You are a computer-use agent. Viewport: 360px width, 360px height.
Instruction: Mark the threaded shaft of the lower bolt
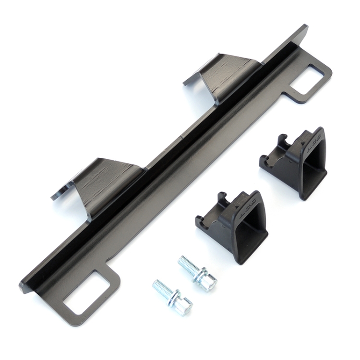162,289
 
